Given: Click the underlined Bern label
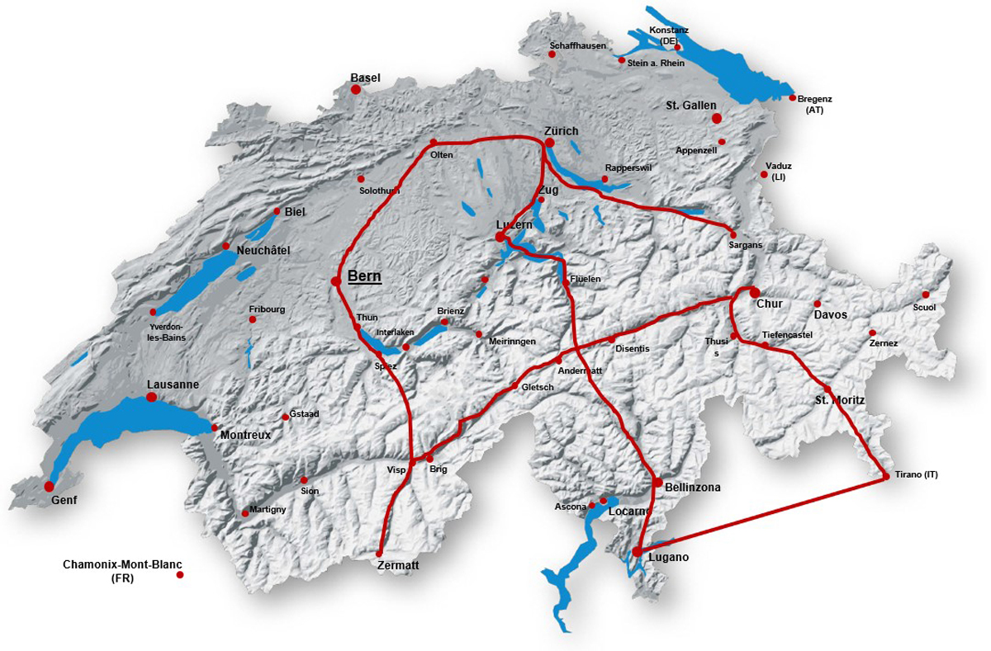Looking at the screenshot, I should [x=364, y=276].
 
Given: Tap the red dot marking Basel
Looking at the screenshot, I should [x=356, y=89].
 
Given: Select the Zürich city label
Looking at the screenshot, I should [x=562, y=131].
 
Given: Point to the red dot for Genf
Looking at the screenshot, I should [x=49, y=486].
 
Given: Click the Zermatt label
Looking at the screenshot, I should [x=398, y=566].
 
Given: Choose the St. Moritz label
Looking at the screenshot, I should [x=840, y=400].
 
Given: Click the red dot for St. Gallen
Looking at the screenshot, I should [x=717, y=119].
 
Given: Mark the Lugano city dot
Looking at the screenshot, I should [x=637, y=552].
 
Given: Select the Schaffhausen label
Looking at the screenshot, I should [x=578, y=45].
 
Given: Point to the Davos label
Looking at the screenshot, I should [x=831, y=315].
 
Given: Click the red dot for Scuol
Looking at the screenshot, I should [x=926, y=295].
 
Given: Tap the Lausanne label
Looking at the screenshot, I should [x=173, y=384].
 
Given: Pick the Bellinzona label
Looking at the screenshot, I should [x=693, y=488].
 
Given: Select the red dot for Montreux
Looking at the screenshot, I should [x=215, y=427].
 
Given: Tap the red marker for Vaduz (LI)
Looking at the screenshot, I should [x=763, y=174].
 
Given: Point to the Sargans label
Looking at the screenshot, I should [x=746, y=246].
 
